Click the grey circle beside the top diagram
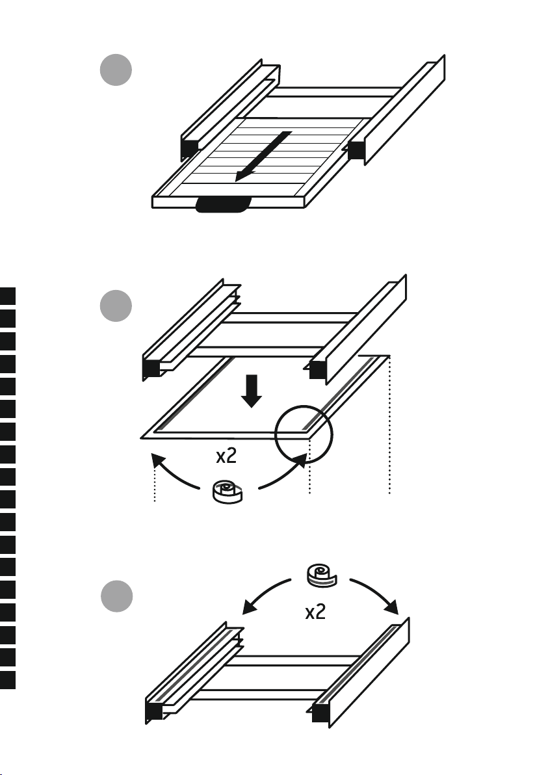point(116,70)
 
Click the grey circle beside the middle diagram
point(116,306)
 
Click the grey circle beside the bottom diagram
point(117,596)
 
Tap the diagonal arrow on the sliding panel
point(263,156)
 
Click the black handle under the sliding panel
point(223,205)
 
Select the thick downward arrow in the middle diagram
point(252,391)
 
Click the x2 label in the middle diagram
point(226,456)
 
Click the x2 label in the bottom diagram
point(315,612)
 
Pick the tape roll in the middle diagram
point(227,492)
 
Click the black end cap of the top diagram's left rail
point(190,148)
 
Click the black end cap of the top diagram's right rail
point(356,150)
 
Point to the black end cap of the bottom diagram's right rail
point(321,713)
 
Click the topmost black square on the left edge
point(7,296)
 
